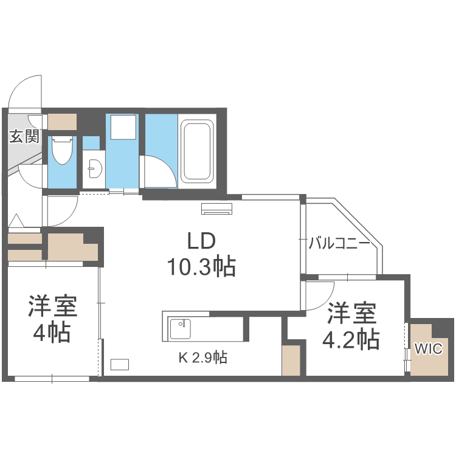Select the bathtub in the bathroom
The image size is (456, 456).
click(196, 151)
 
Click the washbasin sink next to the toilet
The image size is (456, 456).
click(93, 168)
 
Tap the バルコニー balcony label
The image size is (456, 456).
click(339, 244)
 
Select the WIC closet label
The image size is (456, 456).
click(429, 349)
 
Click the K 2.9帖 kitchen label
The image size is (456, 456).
click(202, 358)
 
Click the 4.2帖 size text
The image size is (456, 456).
click(351, 339)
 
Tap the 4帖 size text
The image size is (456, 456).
click(52, 333)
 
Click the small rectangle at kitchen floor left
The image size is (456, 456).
click(120, 364)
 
